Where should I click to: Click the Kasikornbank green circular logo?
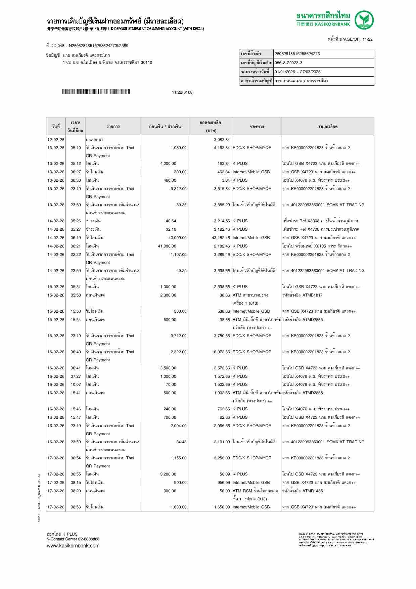(x=364, y=20)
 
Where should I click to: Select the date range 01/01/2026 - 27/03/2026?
(x=297, y=72)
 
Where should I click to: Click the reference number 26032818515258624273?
(x=297, y=54)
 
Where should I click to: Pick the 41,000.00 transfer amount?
(x=167, y=246)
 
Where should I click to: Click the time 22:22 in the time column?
(x=76, y=255)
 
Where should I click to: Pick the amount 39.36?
(x=181, y=205)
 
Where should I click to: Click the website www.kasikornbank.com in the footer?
(x=73, y=545)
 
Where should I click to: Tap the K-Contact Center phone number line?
(x=73, y=539)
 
